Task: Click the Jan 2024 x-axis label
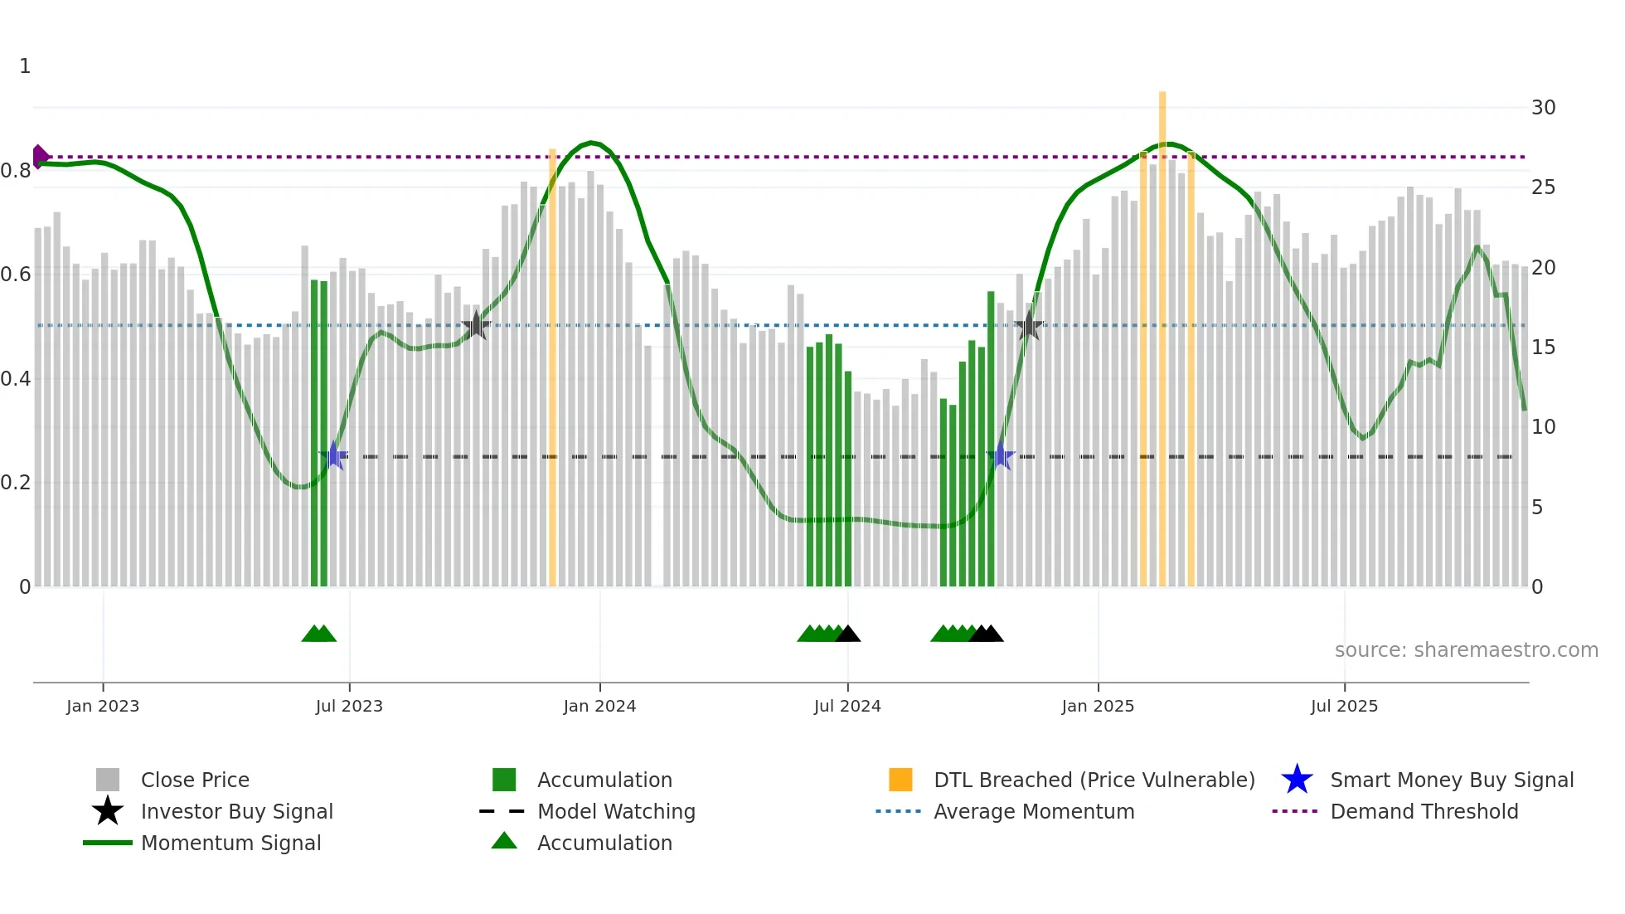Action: pos(599,706)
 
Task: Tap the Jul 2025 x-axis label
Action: pos(1344,706)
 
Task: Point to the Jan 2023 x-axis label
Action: pos(103,706)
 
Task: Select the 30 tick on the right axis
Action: pos(1543,108)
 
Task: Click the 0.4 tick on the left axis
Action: pos(17,379)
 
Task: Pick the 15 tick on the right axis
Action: pos(1543,348)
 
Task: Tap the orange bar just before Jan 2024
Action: pos(552,365)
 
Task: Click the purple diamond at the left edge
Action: pos(40,156)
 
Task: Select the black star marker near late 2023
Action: pos(476,326)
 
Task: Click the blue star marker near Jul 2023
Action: pos(333,455)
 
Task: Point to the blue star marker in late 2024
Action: pos(1001,456)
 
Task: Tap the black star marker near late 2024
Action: pos(1029,326)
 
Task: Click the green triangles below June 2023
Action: pos(319,634)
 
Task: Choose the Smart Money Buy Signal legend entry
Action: pos(1451,780)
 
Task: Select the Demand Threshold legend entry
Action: pos(1424,811)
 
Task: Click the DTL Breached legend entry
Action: pos(1094,780)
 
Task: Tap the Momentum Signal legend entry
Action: pos(230,843)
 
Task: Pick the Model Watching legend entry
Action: pos(616,811)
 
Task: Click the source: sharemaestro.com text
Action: pos(1466,650)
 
